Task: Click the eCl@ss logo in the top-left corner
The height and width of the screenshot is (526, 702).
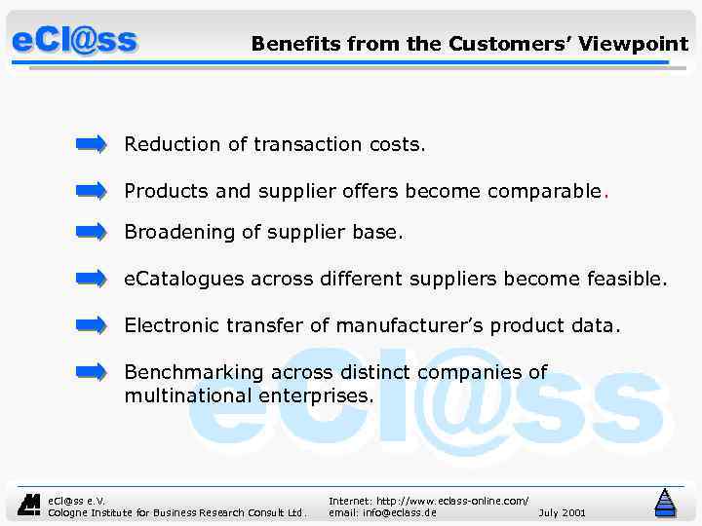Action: click(x=75, y=42)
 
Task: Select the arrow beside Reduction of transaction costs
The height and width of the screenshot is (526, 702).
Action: click(x=91, y=145)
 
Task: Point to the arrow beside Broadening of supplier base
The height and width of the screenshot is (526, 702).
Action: click(x=91, y=232)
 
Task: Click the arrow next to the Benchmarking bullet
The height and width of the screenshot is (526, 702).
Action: click(x=91, y=371)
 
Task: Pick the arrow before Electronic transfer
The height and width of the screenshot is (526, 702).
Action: click(x=91, y=324)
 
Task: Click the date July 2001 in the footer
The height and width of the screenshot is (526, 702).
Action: click(x=562, y=512)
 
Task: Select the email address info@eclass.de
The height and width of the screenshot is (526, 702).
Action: click(x=382, y=512)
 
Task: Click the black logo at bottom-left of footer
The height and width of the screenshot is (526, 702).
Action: click(x=30, y=504)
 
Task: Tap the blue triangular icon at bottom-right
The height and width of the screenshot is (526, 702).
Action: click(x=665, y=503)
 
